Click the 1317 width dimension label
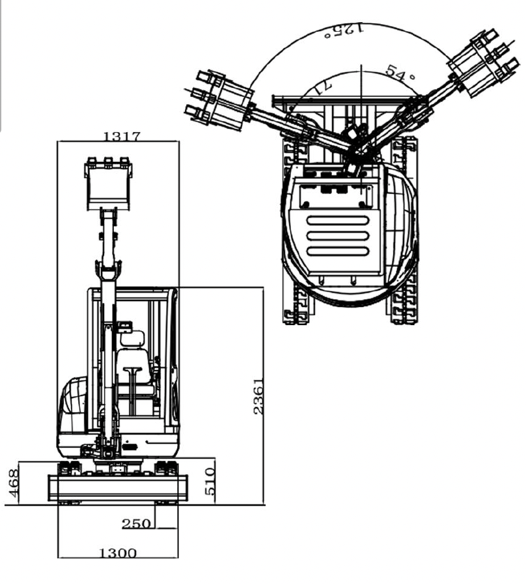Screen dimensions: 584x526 point(122,136)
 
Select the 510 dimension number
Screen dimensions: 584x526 point(210,481)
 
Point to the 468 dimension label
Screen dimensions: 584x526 point(12,483)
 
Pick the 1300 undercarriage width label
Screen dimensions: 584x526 point(118,553)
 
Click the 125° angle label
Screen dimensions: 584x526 point(343,30)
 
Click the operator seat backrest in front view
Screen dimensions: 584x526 point(132,339)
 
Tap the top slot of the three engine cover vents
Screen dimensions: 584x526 point(337,220)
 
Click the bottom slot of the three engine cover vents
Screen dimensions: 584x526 point(337,250)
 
